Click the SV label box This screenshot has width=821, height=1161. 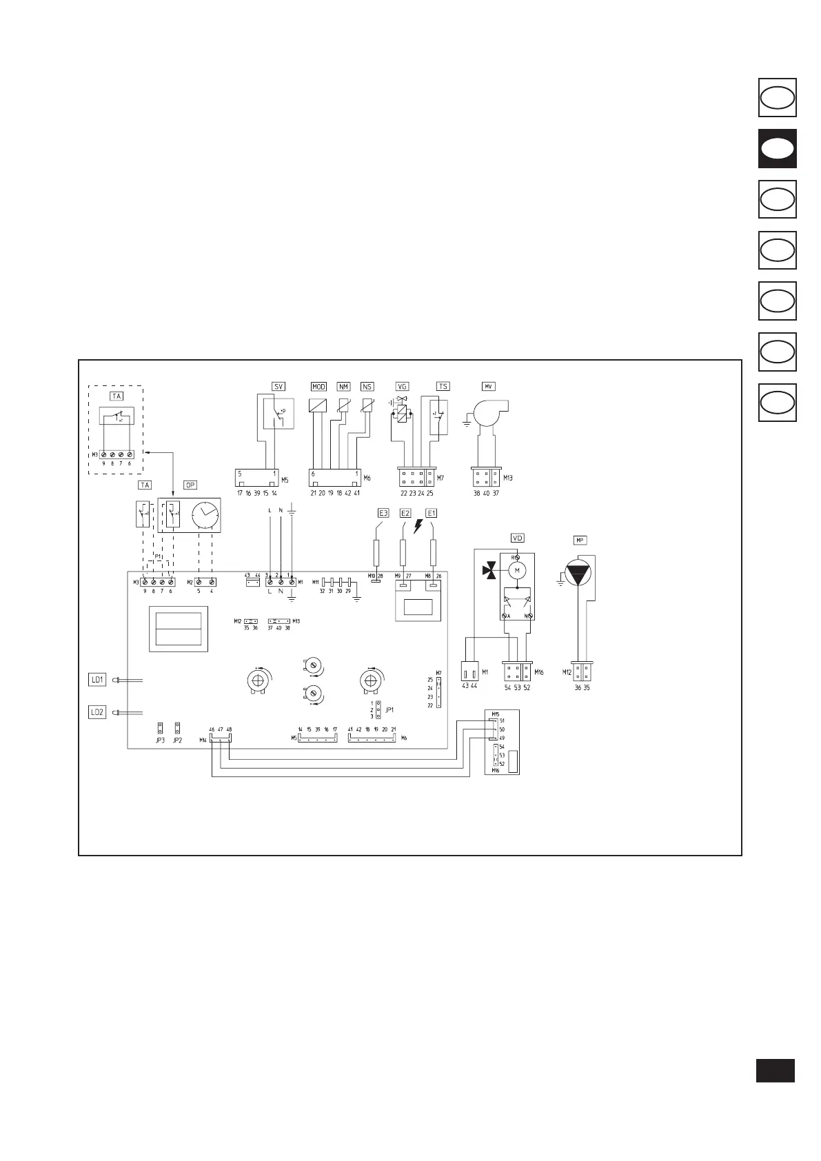click(x=278, y=387)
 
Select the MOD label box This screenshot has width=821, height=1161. click(x=318, y=387)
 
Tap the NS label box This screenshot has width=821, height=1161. click(x=367, y=387)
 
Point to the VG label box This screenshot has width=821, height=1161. click(x=403, y=387)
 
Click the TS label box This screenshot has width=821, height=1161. click(x=443, y=387)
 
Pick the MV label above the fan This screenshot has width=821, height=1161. click(x=489, y=387)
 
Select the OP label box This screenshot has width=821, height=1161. click(x=190, y=485)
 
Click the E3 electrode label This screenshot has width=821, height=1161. click(x=383, y=513)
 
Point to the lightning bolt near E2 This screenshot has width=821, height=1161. click(x=418, y=527)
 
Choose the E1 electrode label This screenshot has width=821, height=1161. click(x=432, y=513)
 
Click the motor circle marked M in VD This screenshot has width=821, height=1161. click(x=517, y=570)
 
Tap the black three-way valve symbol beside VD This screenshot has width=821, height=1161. click(x=490, y=570)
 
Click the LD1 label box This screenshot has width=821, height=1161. click(x=98, y=680)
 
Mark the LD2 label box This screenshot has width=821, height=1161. click(x=98, y=712)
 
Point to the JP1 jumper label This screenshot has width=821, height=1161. click(x=389, y=709)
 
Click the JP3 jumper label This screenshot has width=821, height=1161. click(x=160, y=740)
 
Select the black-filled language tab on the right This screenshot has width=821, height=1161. click(x=778, y=148)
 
